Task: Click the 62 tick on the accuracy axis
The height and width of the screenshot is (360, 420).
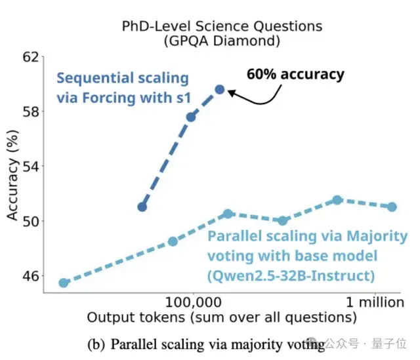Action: click(31, 57)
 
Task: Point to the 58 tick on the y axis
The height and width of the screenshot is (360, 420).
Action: click(31, 111)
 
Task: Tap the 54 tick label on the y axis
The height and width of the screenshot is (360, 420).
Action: click(31, 166)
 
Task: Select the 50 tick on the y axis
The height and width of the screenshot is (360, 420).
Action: click(31, 221)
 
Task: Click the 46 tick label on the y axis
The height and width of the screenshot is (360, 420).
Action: click(31, 275)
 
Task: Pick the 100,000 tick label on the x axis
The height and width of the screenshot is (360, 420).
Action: click(194, 303)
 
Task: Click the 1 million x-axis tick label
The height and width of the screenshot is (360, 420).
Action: click(375, 303)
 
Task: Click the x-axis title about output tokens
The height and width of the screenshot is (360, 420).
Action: click(222, 319)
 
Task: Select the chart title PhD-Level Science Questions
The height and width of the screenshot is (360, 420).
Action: click(222, 26)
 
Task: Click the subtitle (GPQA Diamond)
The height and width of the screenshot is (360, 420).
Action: click(222, 41)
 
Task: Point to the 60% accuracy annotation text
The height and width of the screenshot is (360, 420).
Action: click(295, 74)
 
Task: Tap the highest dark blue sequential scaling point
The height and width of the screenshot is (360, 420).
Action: click(220, 89)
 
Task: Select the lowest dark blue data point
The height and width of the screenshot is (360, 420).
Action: click(142, 207)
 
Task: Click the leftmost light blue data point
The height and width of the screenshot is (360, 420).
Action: click(64, 283)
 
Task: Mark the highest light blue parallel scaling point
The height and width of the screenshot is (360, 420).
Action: click(337, 200)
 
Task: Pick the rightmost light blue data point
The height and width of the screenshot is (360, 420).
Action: click(392, 207)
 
